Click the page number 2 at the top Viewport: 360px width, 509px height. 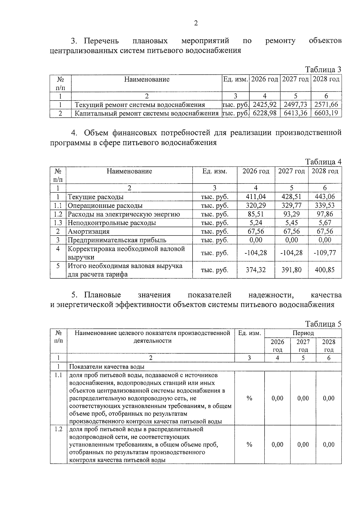coord(196,23)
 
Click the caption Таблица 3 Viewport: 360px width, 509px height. coord(323,70)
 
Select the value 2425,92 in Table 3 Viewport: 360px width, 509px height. coord(265,105)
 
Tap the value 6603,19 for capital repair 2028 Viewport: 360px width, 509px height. coord(326,113)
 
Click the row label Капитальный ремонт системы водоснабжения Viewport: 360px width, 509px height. coord(146,113)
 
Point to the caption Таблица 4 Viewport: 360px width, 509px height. coord(323,162)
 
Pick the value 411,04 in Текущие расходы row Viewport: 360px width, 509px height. coord(256,197)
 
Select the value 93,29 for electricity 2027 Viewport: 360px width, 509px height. coord(291,214)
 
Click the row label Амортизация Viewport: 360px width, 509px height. coord(88,232)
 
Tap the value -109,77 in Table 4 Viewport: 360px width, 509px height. coord(325,253)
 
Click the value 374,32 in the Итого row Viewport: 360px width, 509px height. coord(256,270)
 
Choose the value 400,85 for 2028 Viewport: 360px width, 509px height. coord(325,270)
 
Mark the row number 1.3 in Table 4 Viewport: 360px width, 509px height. coord(58,223)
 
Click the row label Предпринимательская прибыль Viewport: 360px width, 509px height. coord(117,240)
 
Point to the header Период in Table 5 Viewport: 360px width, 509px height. coord(303,333)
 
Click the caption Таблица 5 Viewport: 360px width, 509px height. coord(323,324)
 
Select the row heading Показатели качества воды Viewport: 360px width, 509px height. coord(107,367)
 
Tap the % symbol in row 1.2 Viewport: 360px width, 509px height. coord(249,445)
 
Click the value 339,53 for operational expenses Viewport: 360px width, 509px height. coord(325,205)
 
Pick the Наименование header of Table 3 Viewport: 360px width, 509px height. coord(147,79)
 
